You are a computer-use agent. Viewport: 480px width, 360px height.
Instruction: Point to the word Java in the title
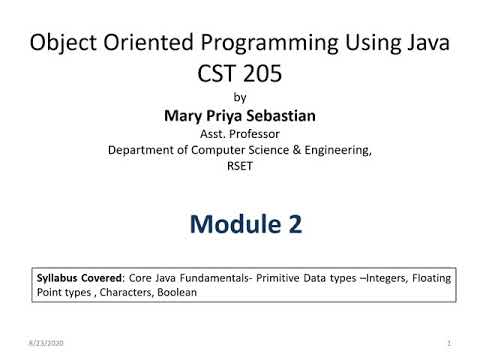tap(425, 45)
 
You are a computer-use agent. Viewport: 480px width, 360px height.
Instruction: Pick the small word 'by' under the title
tap(239, 98)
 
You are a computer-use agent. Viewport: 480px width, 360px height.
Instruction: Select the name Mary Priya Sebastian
tap(239, 115)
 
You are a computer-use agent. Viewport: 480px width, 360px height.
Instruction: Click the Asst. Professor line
tap(239, 133)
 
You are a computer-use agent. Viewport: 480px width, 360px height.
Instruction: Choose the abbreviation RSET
tap(239, 167)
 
